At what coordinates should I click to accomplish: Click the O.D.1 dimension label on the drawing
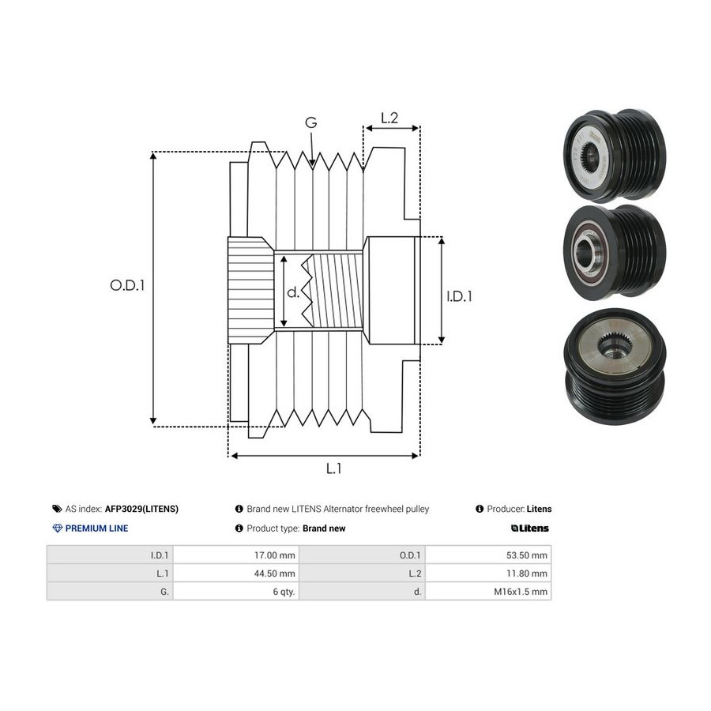127,285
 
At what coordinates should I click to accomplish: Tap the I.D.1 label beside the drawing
459,296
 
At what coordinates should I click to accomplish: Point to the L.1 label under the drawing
333,468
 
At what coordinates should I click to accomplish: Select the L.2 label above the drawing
389,118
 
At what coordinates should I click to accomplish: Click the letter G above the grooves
311,122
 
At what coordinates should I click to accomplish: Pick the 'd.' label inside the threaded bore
293,292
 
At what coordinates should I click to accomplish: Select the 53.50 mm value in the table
527,555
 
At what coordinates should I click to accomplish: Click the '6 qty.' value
284,592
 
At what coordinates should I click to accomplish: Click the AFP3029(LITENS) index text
141,509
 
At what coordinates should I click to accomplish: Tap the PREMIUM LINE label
96,529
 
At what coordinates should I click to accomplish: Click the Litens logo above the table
529,529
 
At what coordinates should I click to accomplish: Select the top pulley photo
615,155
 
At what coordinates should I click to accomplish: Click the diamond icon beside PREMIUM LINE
58,529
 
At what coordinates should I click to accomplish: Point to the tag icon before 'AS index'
57,509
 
